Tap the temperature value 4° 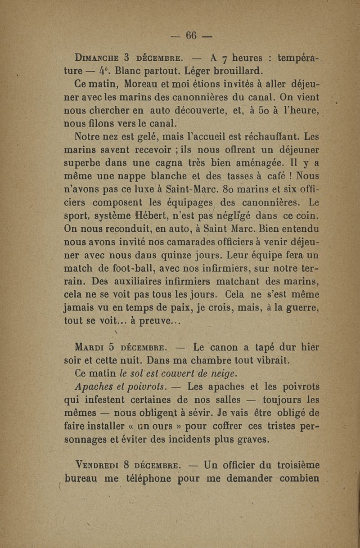pos(101,71)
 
